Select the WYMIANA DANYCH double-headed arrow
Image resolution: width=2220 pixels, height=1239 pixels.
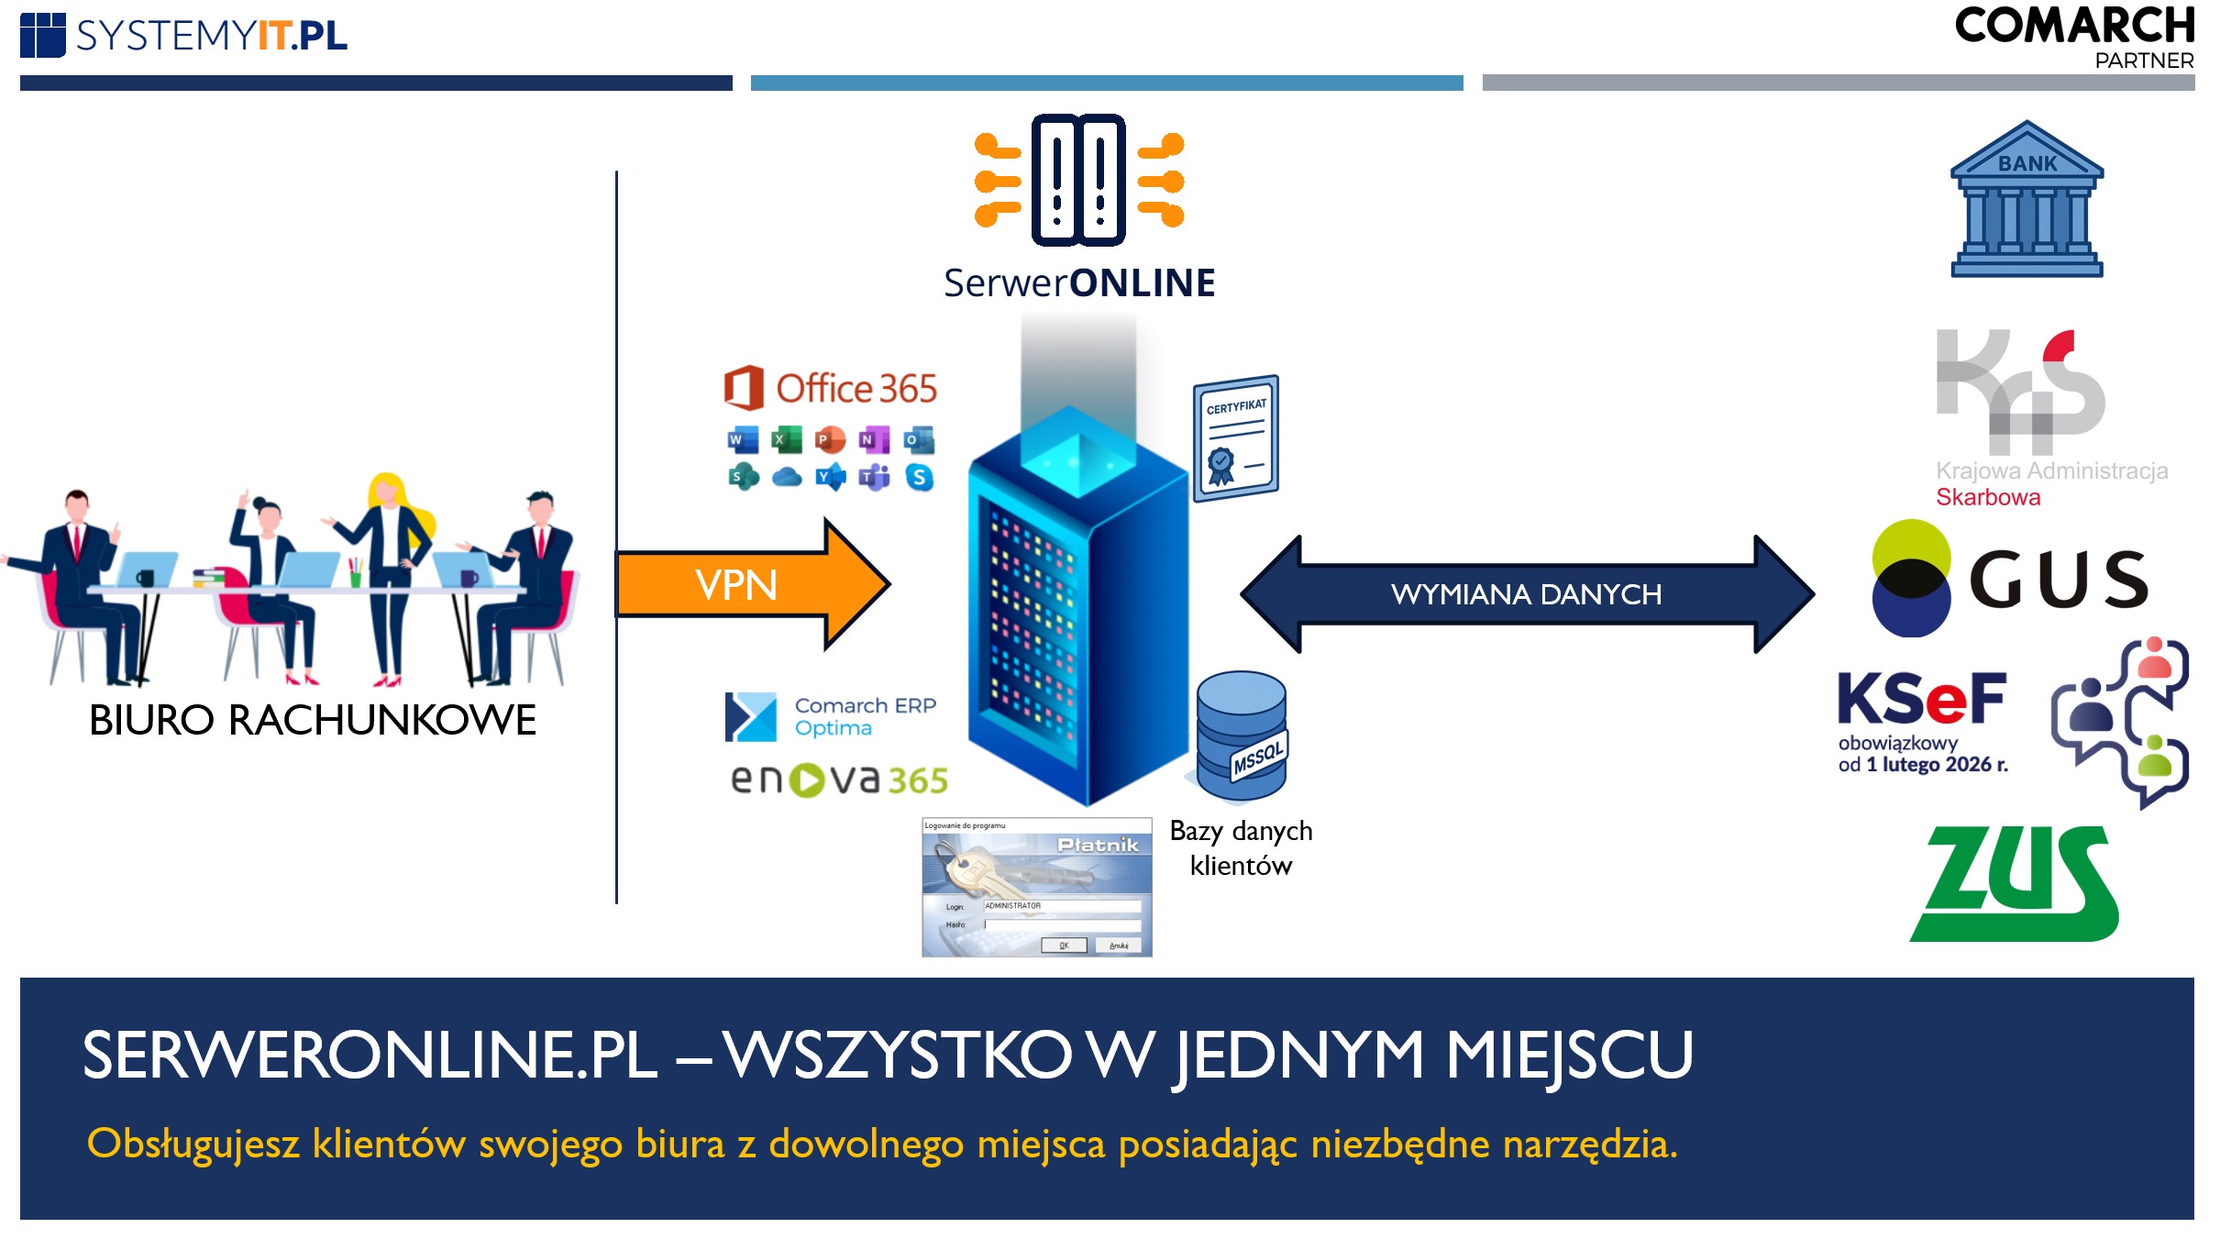tap(1526, 594)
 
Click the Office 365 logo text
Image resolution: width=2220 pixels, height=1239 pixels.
tap(855, 389)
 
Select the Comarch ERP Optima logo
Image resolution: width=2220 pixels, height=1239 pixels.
tap(831, 716)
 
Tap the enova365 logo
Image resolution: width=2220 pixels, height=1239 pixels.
tap(838, 780)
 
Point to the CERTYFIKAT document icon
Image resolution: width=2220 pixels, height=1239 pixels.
tap(1235, 438)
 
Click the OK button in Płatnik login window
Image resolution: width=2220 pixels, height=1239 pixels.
tap(1064, 946)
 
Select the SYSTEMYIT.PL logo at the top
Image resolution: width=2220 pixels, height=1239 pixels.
tap(184, 36)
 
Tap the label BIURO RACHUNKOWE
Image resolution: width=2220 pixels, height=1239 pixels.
tap(313, 720)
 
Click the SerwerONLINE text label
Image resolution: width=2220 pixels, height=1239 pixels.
tap(1079, 283)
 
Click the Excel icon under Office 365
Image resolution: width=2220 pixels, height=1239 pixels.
tap(786, 440)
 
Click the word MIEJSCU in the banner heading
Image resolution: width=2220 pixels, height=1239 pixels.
tap(1569, 1055)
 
